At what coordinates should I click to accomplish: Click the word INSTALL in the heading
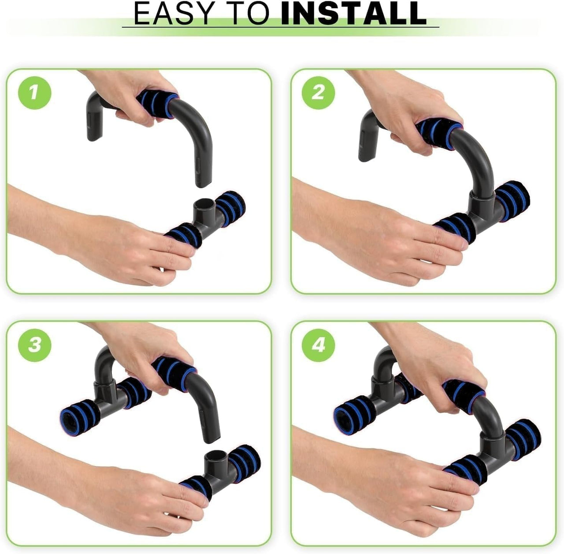tap(353, 13)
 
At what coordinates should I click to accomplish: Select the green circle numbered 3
tap(34, 345)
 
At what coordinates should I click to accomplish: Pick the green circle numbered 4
tap(319, 345)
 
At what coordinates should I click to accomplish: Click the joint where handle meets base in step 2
tap(480, 203)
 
